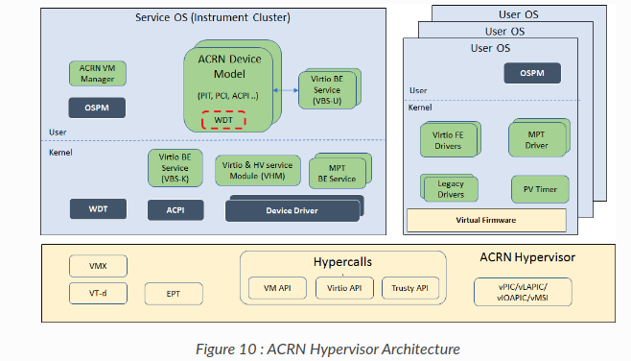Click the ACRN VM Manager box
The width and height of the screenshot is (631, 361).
tap(97, 72)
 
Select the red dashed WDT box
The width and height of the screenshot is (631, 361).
tap(223, 120)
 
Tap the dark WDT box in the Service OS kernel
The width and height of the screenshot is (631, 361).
tap(97, 207)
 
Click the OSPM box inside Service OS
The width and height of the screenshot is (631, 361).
tap(97, 107)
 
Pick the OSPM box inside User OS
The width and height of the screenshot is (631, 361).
tap(539, 73)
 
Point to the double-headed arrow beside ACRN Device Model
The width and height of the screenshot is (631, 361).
tap(285, 91)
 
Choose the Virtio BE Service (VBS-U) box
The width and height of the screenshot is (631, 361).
tap(326, 89)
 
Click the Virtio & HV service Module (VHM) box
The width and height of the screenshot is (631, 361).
tap(255, 169)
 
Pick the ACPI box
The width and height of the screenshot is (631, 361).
tap(174, 209)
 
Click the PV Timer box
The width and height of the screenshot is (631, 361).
tap(539, 187)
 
